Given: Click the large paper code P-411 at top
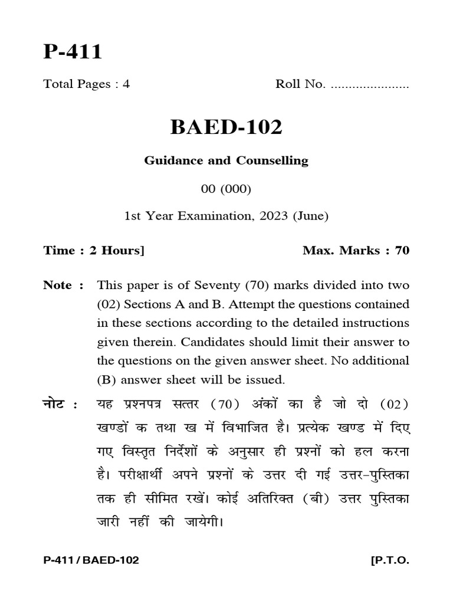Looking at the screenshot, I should (x=73, y=52).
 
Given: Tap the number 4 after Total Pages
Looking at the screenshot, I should (x=126, y=84).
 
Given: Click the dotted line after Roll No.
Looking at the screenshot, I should (x=370, y=85).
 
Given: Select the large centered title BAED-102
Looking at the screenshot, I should (x=226, y=127).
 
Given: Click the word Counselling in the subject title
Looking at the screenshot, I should (x=273, y=160).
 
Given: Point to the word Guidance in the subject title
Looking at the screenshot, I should (x=170, y=160).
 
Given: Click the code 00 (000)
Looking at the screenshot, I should (x=226, y=189).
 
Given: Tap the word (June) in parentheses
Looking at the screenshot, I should (x=310, y=216).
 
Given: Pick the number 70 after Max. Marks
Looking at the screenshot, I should (x=402, y=251).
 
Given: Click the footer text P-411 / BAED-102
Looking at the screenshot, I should (x=91, y=560).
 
